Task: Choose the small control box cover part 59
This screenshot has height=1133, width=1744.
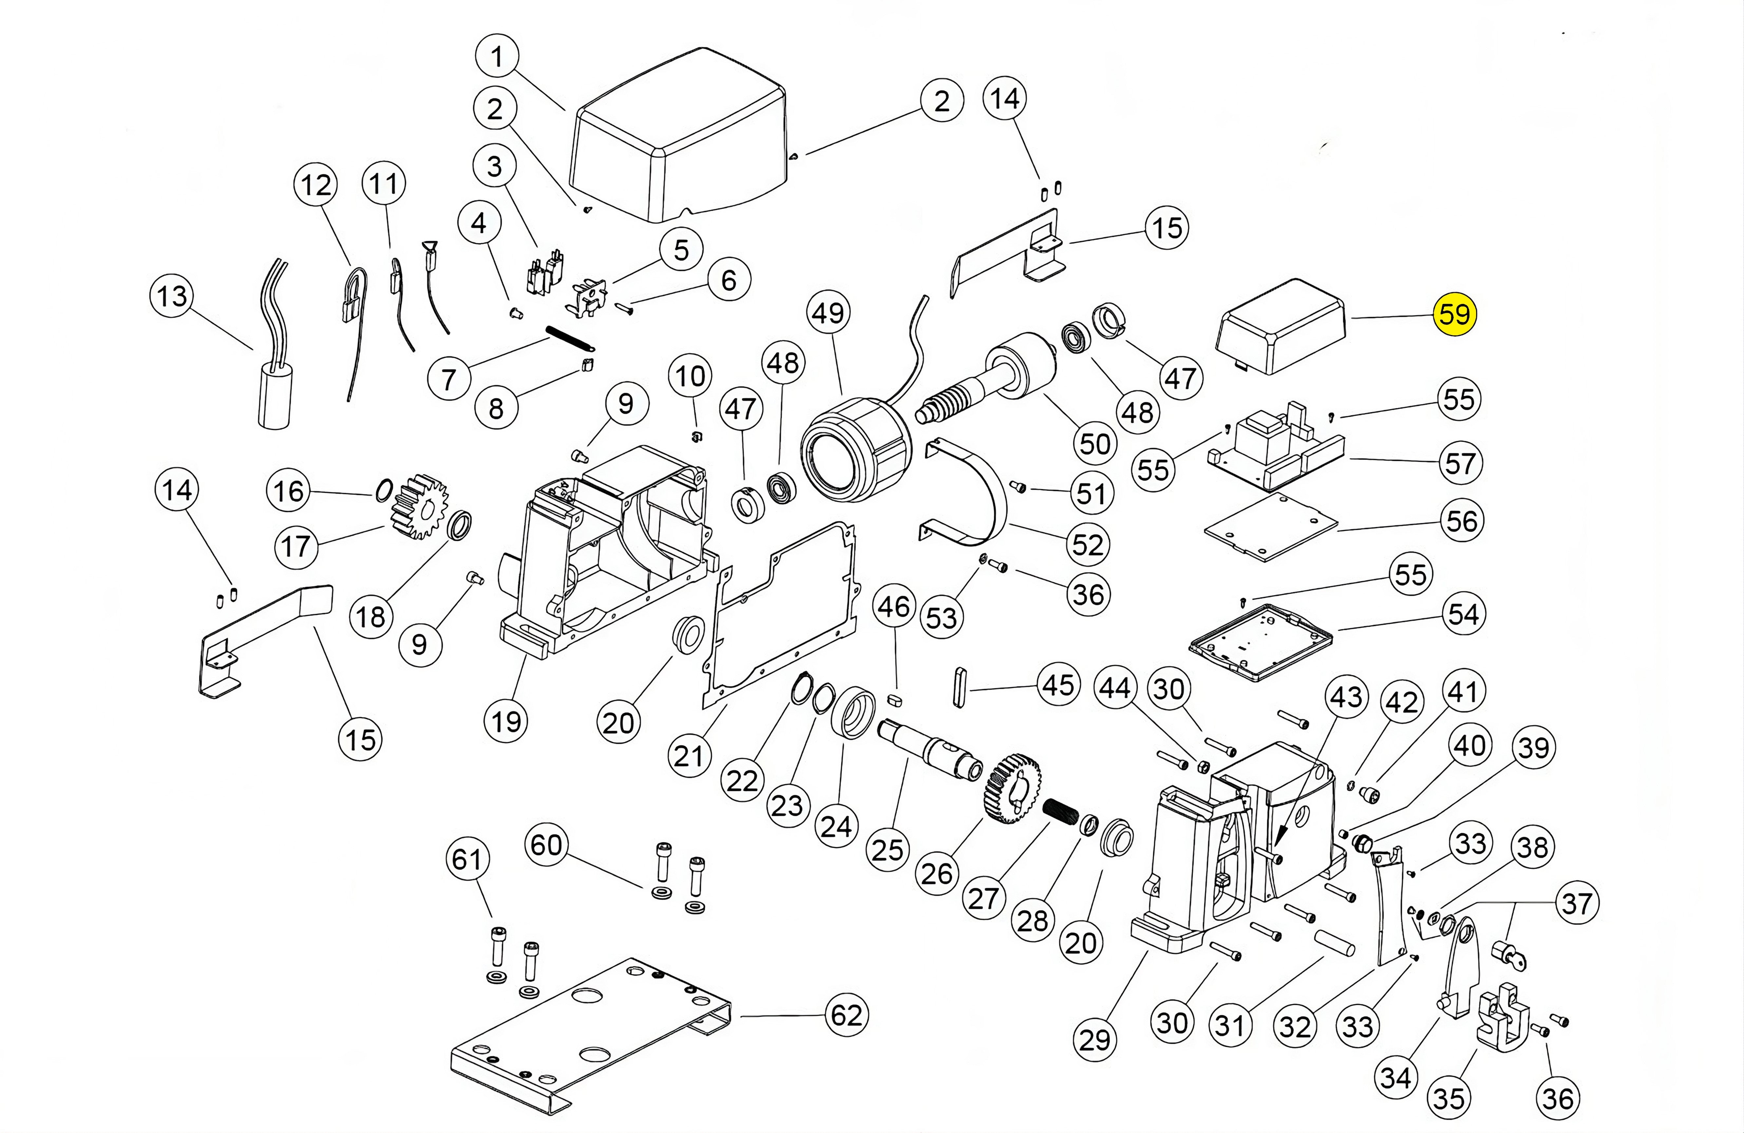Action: coord(1282,326)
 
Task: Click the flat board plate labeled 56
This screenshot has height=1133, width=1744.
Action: coord(1271,527)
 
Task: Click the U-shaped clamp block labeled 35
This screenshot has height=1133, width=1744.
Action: coord(1502,1014)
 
